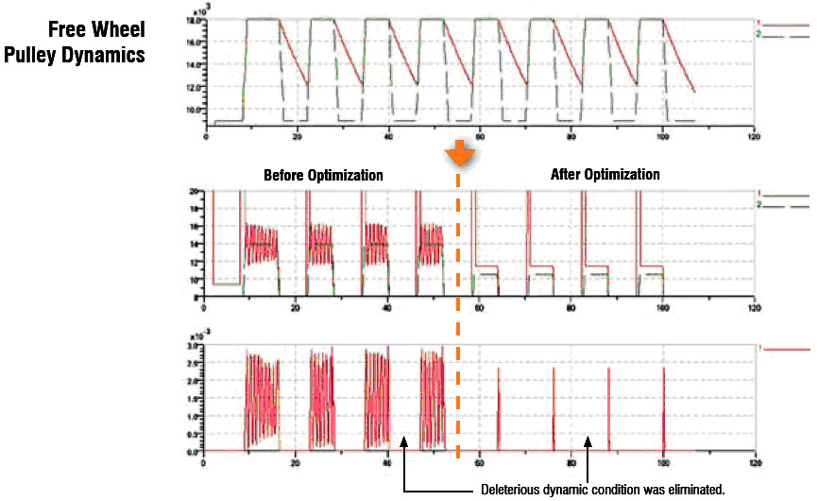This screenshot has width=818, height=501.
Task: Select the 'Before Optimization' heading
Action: [x=323, y=175]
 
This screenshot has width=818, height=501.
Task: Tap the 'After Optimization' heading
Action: [x=605, y=175]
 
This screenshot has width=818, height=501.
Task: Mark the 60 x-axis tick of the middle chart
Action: [x=480, y=307]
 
